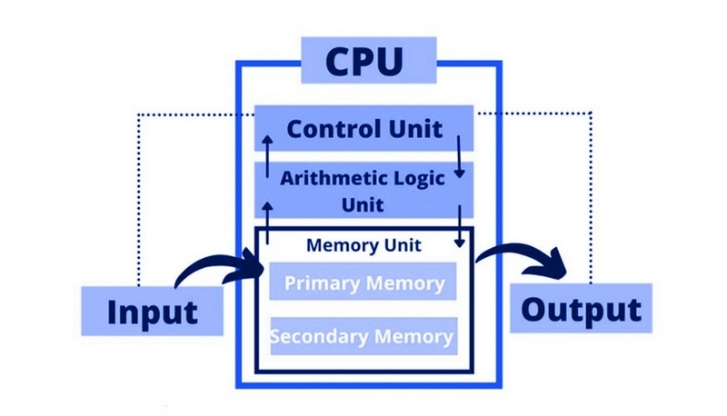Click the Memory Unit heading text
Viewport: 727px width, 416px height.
click(x=363, y=245)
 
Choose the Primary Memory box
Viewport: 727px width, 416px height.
click(x=363, y=282)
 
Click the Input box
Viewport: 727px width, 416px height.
click(x=153, y=312)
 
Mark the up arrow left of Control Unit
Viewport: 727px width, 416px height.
click(x=267, y=154)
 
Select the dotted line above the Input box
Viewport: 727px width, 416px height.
click(x=137, y=200)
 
